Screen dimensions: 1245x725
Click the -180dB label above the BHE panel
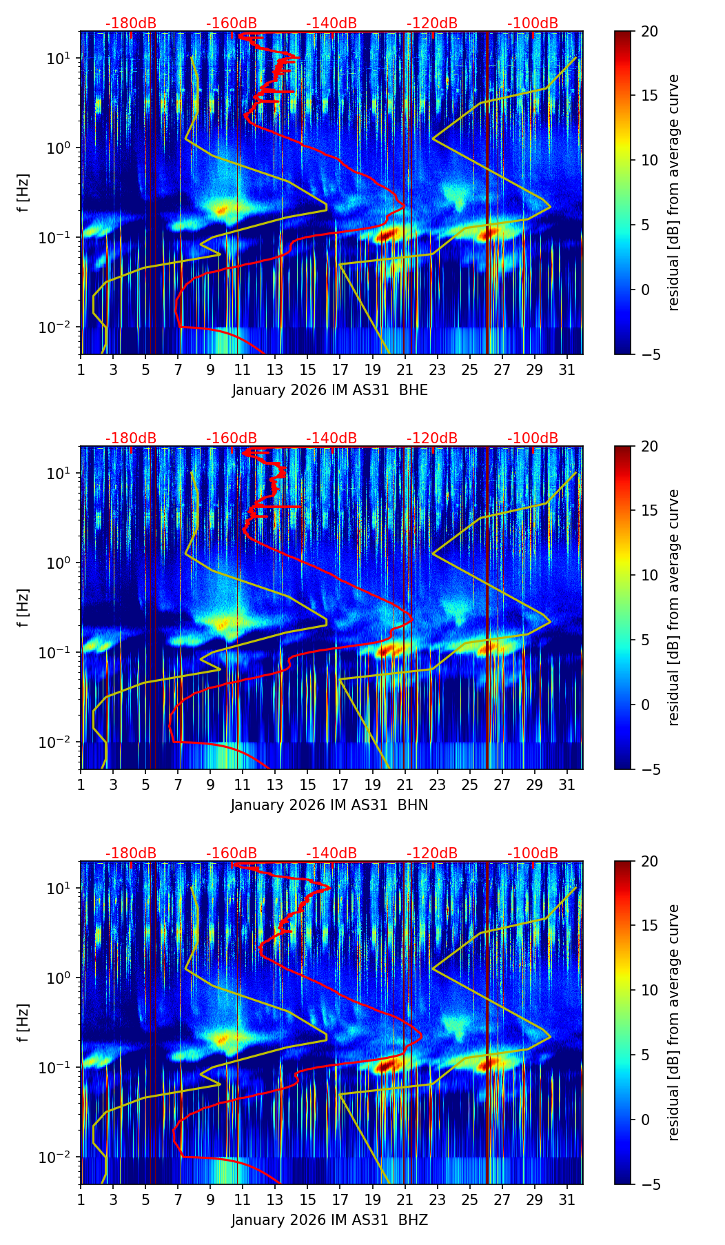pos(131,23)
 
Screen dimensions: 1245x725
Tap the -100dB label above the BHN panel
pos(533,438)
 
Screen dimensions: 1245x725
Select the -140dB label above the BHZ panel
pos(331,853)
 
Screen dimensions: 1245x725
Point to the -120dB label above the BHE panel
pos(432,23)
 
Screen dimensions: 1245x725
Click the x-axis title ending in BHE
pos(330,390)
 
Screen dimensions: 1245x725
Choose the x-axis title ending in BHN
pos(330,805)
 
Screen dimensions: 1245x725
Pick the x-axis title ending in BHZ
pos(330,1220)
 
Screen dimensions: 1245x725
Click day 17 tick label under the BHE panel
pos(340,370)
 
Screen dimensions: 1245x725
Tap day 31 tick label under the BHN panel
pos(566,785)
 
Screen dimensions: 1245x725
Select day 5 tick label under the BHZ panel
pos(145,1200)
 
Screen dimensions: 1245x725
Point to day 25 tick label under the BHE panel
pos(469,370)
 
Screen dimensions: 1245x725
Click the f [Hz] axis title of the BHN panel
pos(23,607)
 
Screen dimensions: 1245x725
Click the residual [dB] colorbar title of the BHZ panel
pos(673,1022)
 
